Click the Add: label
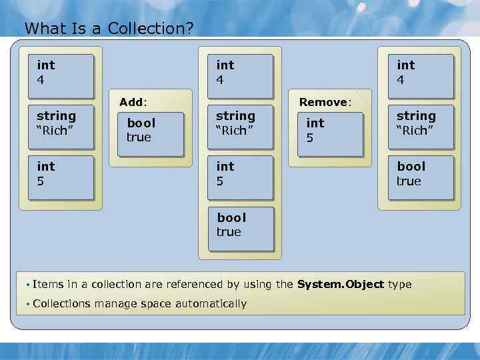(x=133, y=102)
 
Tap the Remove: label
(x=325, y=102)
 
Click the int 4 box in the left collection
(x=61, y=76)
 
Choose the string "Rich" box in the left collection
(x=61, y=127)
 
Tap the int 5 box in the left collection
(x=61, y=177)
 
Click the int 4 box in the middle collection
(x=240, y=76)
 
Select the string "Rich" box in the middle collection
(x=240, y=127)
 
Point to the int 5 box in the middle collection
(x=240, y=177)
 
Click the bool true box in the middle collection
(x=240, y=228)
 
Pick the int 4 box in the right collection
(x=420, y=76)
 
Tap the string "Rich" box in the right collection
(x=420, y=127)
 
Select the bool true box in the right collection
(x=420, y=177)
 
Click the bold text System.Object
(x=340, y=285)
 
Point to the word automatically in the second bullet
(x=211, y=304)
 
